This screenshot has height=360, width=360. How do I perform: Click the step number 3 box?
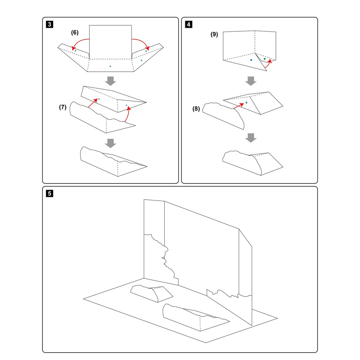(49, 24)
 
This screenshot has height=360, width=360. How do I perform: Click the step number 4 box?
(188, 24)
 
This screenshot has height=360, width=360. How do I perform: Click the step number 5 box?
(49, 194)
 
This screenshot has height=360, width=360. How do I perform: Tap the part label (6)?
(75, 32)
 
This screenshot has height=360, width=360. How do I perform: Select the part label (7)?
(63, 107)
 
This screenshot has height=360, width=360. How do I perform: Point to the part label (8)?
(196, 109)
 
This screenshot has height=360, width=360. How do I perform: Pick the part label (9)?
(214, 34)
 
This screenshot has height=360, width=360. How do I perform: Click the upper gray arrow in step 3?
(110, 81)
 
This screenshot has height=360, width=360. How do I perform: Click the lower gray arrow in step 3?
(110, 143)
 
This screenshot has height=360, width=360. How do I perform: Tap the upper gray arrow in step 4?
(251, 81)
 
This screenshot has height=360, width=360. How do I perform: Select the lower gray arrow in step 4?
(251, 138)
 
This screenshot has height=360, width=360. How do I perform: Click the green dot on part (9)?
(265, 59)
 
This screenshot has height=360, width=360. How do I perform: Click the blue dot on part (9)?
(251, 60)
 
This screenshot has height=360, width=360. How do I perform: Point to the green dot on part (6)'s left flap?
(76, 51)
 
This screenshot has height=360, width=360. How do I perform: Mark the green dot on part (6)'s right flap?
(146, 51)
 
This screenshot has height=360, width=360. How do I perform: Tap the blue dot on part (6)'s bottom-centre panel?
(110, 66)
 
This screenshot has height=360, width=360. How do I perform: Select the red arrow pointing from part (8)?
(238, 106)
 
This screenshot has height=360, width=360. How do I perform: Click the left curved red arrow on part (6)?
(79, 42)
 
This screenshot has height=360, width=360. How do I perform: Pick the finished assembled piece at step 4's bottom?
(252, 163)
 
